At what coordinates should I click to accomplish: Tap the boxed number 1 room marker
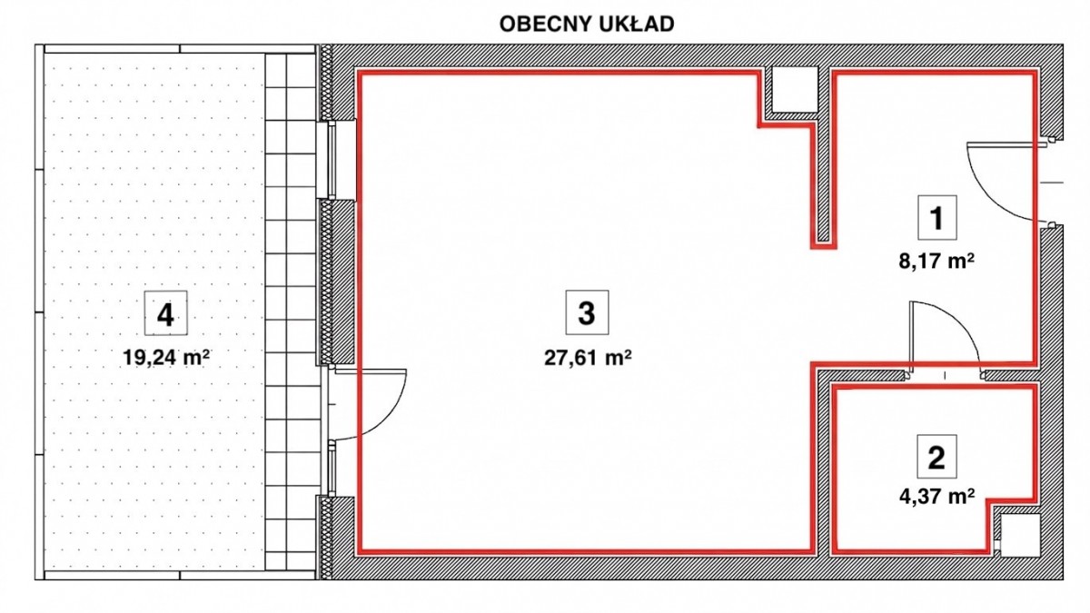tap(937, 217)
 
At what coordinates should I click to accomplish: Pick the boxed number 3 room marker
tap(587, 312)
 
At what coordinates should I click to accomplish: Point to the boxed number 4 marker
tap(165, 313)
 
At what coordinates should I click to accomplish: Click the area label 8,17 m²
tap(936, 262)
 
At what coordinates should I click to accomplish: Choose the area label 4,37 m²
tap(936, 498)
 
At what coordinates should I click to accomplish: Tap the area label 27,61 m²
tap(588, 358)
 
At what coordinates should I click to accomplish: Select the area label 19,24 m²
tap(166, 358)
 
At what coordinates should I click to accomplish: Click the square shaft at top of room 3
tap(795, 90)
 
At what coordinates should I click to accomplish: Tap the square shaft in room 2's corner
tap(1020, 536)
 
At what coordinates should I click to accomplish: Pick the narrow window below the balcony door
tap(332, 469)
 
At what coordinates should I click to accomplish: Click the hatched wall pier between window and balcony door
tap(337, 282)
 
